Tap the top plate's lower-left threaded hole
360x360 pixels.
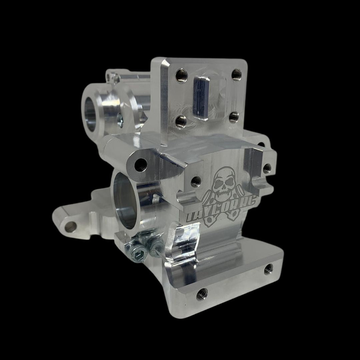click(181, 122)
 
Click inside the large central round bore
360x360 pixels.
click(125, 203)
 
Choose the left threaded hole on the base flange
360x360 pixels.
click(202, 294)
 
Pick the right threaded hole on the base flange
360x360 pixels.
click(268, 269)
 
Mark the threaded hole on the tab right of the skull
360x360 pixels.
click(267, 168)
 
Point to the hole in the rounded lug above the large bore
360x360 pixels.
click(140, 164)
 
